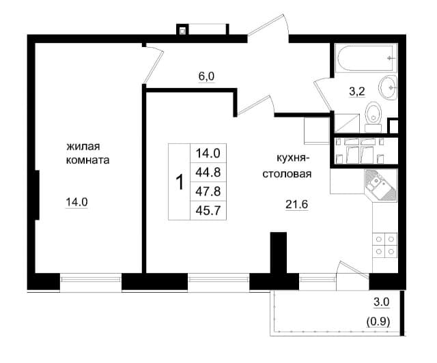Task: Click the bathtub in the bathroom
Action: tap(366, 58)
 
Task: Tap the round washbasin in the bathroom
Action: tap(388, 87)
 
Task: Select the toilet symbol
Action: tap(373, 117)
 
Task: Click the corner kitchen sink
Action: tap(381, 185)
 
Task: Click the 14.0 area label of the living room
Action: tap(76, 202)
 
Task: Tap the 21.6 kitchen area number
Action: tap(296, 205)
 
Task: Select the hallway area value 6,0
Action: tap(206, 76)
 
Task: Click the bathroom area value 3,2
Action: tap(357, 91)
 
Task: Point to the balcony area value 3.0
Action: tap(382, 302)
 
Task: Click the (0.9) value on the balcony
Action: tap(378, 322)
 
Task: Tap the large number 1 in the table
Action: tap(180, 182)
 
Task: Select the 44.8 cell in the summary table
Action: tap(208, 172)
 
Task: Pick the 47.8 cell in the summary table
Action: tap(208, 191)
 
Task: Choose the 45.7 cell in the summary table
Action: tap(208, 210)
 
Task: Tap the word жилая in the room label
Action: tap(83, 146)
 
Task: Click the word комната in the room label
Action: tap(87, 160)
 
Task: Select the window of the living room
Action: tap(91, 279)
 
